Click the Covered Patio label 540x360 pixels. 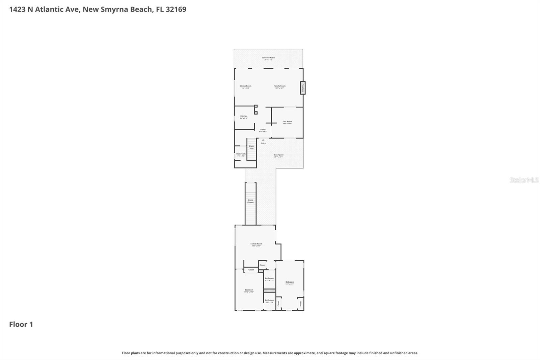click(x=268, y=58)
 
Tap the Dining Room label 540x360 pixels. click(x=245, y=86)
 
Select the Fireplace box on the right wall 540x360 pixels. click(x=303, y=88)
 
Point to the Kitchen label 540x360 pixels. click(x=244, y=116)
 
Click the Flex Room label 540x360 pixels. click(x=287, y=122)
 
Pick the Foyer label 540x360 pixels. click(x=263, y=130)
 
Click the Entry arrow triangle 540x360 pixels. click(x=263, y=140)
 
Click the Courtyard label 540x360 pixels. click(x=279, y=155)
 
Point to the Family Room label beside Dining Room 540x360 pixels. click(x=279, y=86)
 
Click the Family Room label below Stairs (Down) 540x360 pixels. click(x=256, y=244)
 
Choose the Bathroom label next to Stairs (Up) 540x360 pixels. click(x=241, y=154)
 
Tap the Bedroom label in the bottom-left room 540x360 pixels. click(x=249, y=290)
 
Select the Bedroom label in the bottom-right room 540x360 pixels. click(x=290, y=282)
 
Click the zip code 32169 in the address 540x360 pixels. click(x=176, y=9)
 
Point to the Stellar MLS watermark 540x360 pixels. click(x=524, y=180)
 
